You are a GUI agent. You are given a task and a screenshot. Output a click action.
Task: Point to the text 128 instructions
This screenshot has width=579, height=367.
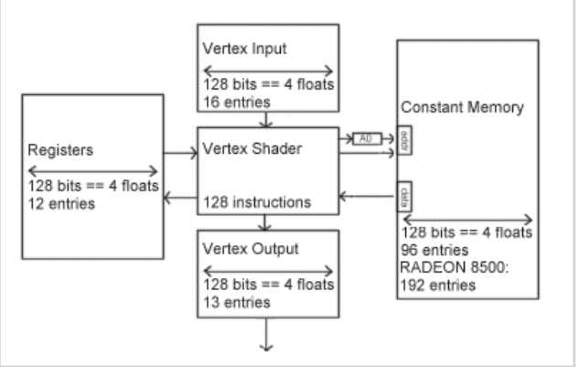(x=257, y=201)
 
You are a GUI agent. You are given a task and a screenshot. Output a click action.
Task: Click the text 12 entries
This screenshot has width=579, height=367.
(x=61, y=203)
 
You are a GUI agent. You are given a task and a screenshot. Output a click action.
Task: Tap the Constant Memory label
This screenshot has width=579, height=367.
(x=462, y=108)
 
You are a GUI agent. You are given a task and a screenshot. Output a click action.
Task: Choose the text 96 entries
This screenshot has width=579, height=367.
(x=434, y=249)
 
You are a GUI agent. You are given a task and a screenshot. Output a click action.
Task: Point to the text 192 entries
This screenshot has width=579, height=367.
(x=438, y=286)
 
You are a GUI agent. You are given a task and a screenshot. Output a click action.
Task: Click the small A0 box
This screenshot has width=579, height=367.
(x=367, y=139)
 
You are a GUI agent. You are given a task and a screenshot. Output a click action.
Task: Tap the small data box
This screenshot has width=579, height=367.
(x=403, y=195)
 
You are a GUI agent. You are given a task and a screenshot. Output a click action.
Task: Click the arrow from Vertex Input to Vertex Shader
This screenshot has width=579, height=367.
(x=265, y=120)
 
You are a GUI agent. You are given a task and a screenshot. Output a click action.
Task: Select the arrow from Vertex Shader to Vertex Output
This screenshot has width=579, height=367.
(x=265, y=221)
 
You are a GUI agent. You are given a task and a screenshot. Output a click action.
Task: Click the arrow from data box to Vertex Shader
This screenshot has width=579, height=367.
(x=365, y=195)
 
